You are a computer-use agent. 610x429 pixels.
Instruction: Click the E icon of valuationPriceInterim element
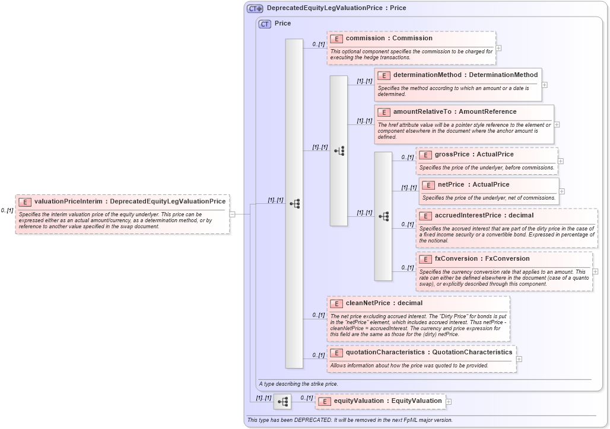point(25,201)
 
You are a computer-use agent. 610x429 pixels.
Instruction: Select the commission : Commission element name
point(389,38)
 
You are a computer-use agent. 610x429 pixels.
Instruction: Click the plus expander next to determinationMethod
point(544,85)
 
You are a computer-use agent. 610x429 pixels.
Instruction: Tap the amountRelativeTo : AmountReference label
point(455,111)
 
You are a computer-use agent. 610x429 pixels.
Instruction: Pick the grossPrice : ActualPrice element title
point(474,154)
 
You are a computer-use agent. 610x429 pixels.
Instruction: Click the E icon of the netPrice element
point(428,184)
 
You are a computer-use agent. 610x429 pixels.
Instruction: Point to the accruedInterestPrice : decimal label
point(484,215)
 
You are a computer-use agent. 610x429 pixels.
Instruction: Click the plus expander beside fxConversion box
point(595,271)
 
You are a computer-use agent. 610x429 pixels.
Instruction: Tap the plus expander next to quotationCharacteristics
point(519,358)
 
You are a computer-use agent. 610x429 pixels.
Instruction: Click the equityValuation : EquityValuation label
point(387,401)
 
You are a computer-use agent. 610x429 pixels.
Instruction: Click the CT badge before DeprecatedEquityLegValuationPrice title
point(255,8)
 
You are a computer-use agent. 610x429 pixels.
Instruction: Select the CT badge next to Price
point(265,24)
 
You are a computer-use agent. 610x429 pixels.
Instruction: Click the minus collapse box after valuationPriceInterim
point(232,214)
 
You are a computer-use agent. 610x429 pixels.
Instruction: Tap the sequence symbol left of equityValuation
point(282,401)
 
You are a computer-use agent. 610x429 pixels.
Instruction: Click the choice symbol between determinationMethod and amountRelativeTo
point(339,151)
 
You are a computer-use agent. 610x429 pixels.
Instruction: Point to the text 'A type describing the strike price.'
point(298,384)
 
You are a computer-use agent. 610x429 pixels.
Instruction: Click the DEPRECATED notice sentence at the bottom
point(350,420)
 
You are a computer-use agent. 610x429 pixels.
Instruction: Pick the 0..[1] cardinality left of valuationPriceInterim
point(7,210)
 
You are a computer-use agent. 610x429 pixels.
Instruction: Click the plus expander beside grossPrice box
point(560,161)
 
